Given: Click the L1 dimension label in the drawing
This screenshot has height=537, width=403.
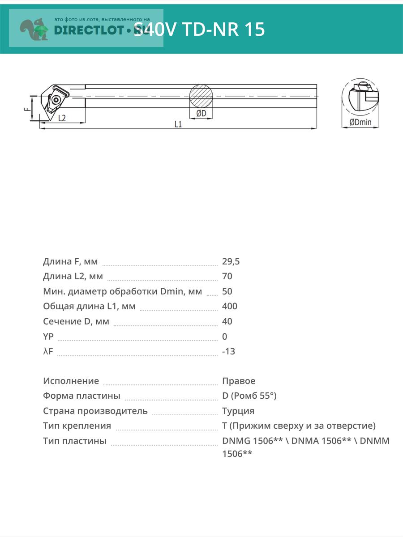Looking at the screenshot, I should [178, 124].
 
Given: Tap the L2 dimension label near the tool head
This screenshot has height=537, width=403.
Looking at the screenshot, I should [62, 118].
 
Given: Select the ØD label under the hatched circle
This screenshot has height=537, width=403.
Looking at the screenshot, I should [201, 114].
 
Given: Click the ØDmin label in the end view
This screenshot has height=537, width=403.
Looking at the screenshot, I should [360, 122].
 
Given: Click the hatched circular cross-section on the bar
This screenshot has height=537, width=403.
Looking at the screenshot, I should [201, 96].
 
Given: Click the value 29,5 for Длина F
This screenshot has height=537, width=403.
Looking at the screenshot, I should [231, 261].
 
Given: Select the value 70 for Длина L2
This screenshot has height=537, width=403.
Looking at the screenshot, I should [227, 276].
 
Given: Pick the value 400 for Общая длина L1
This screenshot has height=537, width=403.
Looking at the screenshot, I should [230, 306].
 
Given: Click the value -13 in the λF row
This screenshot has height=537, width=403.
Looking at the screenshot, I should [228, 351].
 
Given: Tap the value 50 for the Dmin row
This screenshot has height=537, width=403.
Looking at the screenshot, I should [227, 291].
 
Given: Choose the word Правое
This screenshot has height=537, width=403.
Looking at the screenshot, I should [239, 381].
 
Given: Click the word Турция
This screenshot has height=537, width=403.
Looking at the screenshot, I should [238, 411].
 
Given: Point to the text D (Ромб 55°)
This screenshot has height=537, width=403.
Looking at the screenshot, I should [249, 396].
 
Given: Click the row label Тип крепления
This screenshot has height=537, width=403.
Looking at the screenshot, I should [77, 426].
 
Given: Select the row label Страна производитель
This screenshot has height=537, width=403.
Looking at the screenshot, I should [95, 411].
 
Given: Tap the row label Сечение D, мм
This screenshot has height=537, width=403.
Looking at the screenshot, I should [76, 321].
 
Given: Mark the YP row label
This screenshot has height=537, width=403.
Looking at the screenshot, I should [48, 337].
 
